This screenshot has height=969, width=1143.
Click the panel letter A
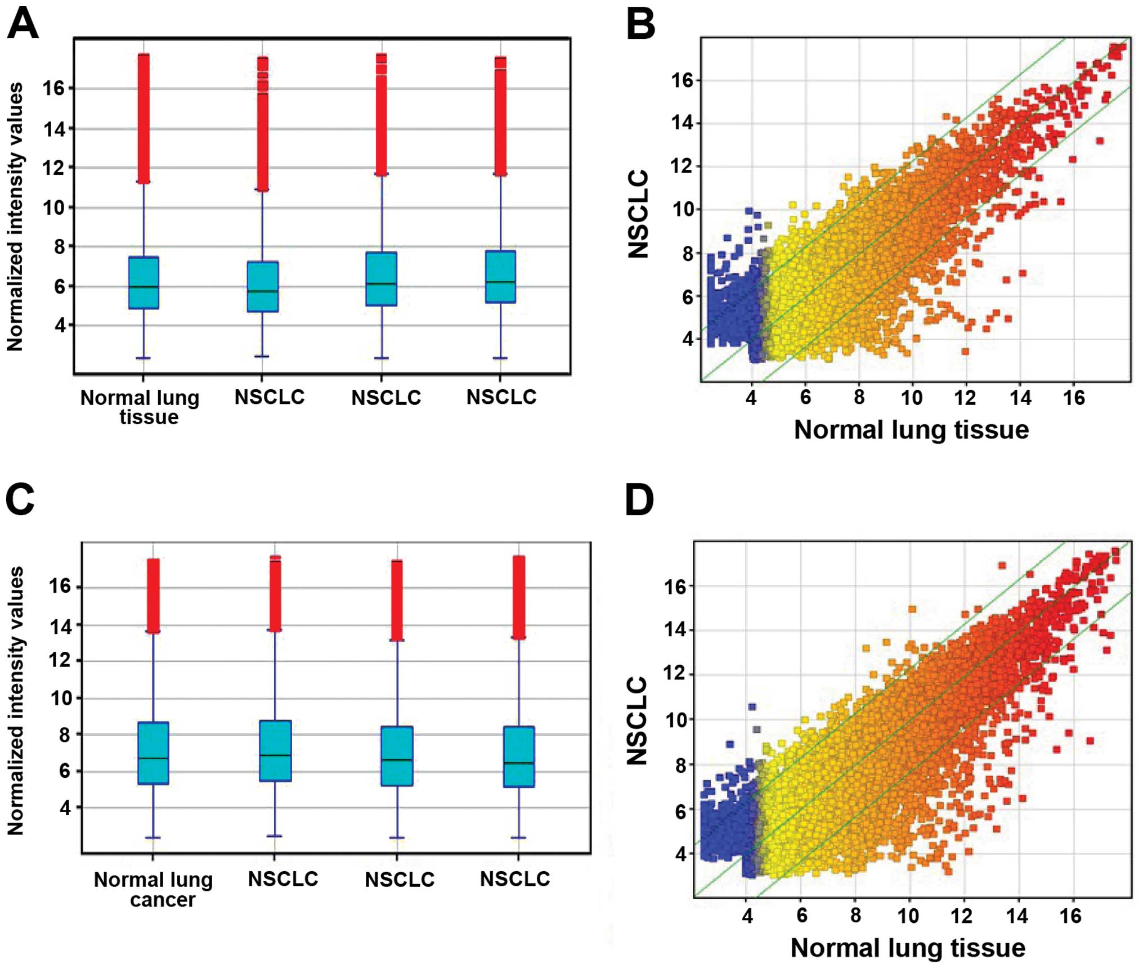pyautogui.click(x=23, y=25)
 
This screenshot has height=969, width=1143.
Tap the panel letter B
pyautogui.click(x=640, y=25)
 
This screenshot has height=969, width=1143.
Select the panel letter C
pyautogui.click(x=20, y=499)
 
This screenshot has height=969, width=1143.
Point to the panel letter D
pyautogui.click(x=639, y=501)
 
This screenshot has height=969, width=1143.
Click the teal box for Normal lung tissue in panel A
pyautogui.click(x=144, y=283)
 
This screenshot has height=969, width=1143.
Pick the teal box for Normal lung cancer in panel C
pyautogui.click(x=153, y=752)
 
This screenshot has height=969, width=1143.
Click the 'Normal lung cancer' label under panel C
pyautogui.click(x=154, y=889)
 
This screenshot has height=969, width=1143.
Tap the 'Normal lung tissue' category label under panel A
pyautogui.click(x=140, y=407)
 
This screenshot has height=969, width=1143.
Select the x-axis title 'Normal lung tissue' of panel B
pyautogui.click(x=911, y=430)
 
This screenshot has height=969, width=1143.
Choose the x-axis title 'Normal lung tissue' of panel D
pyautogui.click(x=908, y=948)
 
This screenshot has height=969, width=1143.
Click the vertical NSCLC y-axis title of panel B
pyautogui.click(x=639, y=214)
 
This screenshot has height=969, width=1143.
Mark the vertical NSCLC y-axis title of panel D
pyautogui.click(x=637, y=720)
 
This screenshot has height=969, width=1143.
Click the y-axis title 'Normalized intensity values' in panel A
pyautogui.click(x=15, y=217)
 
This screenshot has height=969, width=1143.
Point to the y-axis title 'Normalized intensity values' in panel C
pyautogui.click(x=15, y=700)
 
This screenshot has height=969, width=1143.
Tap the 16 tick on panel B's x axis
pyautogui.click(x=1074, y=398)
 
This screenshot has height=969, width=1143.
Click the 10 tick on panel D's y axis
pyautogui.click(x=676, y=720)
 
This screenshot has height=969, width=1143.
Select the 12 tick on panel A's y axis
pyautogui.click(x=55, y=168)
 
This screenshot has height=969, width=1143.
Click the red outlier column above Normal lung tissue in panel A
pyautogui.click(x=144, y=118)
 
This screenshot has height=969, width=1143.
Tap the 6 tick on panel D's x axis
pyautogui.click(x=801, y=916)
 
